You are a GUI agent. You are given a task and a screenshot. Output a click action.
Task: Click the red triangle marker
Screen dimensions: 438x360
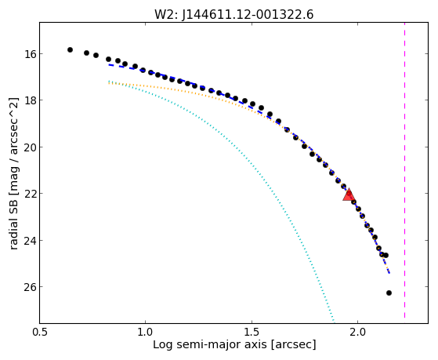click(x=349, y=195)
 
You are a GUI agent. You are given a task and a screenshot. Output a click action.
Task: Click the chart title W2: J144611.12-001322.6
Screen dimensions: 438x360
click(x=233, y=14)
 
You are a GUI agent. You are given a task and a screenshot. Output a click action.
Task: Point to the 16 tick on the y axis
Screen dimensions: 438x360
click(x=29, y=53)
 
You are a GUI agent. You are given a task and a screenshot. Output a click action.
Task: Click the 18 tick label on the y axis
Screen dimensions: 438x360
click(x=29, y=100)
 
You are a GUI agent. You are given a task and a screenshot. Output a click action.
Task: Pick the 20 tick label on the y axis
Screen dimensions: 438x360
click(x=29, y=147)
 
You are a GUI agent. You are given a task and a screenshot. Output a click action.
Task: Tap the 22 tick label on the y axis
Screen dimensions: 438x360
click(x=29, y=194)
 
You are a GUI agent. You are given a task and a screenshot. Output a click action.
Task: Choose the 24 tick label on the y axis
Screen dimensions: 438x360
click(x=29, y=240)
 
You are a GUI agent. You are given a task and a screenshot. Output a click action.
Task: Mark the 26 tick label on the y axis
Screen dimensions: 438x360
click(x=29, y=287)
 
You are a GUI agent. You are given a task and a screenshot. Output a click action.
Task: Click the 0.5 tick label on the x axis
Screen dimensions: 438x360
click(x=39, y=332)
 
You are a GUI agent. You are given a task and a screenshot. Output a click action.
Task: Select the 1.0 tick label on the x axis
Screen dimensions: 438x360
click(x=145, y=332)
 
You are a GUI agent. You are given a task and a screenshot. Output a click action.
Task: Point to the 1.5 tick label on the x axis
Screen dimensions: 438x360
click(x=252, y=332)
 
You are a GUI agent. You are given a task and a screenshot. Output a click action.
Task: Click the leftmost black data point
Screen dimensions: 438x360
click(x=70, y=49)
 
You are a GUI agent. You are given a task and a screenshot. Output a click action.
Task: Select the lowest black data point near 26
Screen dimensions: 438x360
click(x=389, y=293)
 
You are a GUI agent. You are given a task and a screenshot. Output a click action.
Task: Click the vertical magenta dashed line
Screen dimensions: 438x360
click(x=404, y=171)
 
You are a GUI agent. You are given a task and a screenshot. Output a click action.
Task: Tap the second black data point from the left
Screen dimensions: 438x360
click(x=87, y=53)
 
